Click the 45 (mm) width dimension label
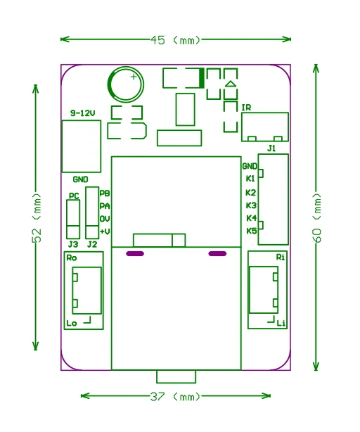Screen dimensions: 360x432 click(x=175, y=40)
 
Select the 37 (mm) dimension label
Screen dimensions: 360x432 click(x=175, y=397)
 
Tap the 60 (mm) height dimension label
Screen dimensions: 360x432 click(x=317, y=217)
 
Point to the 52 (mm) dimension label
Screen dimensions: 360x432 click(x=37, y=217)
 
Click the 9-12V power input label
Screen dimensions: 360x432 click(x=82, y=113)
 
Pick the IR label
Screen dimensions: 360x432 click(x=246, y=108)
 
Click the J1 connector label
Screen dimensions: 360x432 click(x=271, y=148)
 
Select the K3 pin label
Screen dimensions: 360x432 click(x=251, y=205)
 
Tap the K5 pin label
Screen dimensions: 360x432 click(x=251, y=231)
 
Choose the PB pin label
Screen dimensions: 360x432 click(x=105, y=193)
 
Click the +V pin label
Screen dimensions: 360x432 click(x=105, y=231)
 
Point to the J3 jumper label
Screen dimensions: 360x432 click(x=73, y=244)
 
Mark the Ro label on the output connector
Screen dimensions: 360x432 click(x=72, y=258)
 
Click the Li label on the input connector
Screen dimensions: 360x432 click(x=281, y=323)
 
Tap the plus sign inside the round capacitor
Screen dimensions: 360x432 click(x=134, y=77)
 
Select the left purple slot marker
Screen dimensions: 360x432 click(x=135, y=253)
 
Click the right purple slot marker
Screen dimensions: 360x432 click(x=217, y=253)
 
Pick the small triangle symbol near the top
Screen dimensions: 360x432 click(x=231, y=84)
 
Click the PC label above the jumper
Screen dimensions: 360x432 click(x=74, y=196)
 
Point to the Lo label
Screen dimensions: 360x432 click(x=72, y=323)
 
